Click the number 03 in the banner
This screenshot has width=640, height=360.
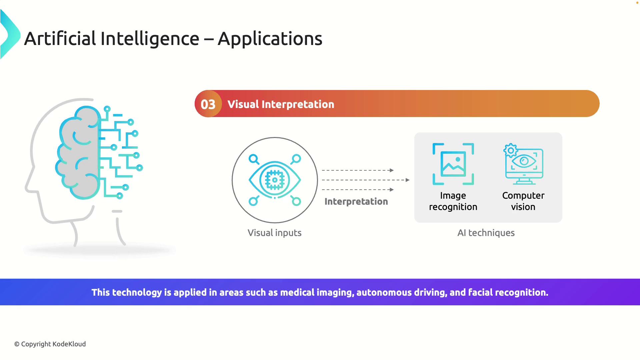pos(208,104)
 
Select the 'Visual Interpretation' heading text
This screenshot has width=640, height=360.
pos(281,104)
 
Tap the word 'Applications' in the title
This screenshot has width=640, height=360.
pos(270,39)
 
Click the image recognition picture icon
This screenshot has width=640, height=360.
pos(453,164)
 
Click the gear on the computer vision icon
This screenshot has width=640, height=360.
pos(510,150)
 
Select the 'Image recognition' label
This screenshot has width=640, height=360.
pos(453,201)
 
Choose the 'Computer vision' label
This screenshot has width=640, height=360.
pos(523,201)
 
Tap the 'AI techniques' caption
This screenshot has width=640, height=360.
pos(486,233)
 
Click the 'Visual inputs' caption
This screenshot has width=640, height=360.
pos(274,233)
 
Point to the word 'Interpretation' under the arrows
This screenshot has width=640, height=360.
pos(356,201)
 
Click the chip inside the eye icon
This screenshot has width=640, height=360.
pos(275,180)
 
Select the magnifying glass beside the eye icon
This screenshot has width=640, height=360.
pos(254,159)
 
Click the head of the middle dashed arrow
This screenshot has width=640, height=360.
pos(408,180)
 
